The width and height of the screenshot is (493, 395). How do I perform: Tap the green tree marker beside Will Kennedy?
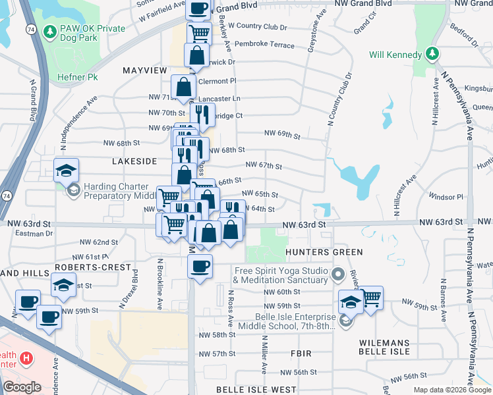pos(432,53)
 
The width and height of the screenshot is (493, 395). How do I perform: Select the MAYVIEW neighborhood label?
pos(145,69)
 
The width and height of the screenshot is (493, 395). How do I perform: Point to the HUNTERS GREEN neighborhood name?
pos(324,252)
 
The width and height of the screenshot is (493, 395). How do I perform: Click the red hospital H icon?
pos(26,359)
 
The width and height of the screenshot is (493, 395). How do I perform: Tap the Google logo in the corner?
pos(22,387)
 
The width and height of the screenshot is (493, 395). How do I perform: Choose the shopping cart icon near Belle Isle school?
pos(371,297)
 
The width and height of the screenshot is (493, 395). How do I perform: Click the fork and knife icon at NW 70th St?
pos(202,114)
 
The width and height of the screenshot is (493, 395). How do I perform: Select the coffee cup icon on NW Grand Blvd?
pos(198,8)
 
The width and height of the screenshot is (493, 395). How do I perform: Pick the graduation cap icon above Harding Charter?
pos(66,171)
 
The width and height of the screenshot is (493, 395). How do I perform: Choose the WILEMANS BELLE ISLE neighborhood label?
pos(385,347)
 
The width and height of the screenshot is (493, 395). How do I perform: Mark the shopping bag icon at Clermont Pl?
pos(184,86)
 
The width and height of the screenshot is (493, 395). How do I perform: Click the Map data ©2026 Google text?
pos(451,390)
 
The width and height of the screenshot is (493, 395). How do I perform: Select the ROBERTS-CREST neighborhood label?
pos(84,267)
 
